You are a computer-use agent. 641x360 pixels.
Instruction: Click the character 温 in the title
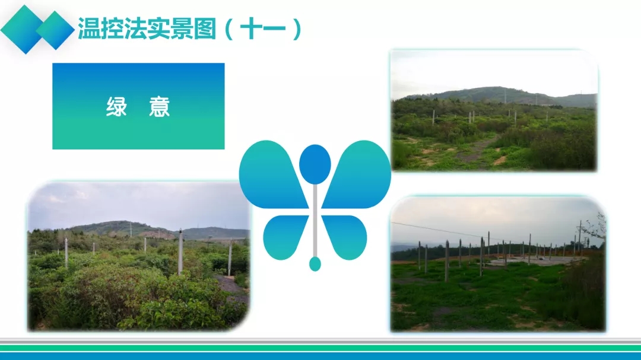89,28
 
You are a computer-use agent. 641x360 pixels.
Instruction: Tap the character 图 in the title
205,28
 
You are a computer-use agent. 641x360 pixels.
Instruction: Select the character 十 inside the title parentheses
250,28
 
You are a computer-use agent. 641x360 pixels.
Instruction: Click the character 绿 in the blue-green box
116,107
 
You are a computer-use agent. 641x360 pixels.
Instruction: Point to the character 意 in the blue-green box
160,107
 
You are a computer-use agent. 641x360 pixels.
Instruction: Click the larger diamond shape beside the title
24,30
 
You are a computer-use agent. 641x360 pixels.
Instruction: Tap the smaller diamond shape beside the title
55,30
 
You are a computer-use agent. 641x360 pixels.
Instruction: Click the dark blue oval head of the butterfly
315,164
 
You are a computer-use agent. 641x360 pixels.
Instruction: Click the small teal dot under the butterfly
315,264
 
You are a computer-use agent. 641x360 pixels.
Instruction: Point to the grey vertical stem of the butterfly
315,221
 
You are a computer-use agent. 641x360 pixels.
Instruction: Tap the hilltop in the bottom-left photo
119,225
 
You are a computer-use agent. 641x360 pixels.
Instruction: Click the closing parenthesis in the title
297,28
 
